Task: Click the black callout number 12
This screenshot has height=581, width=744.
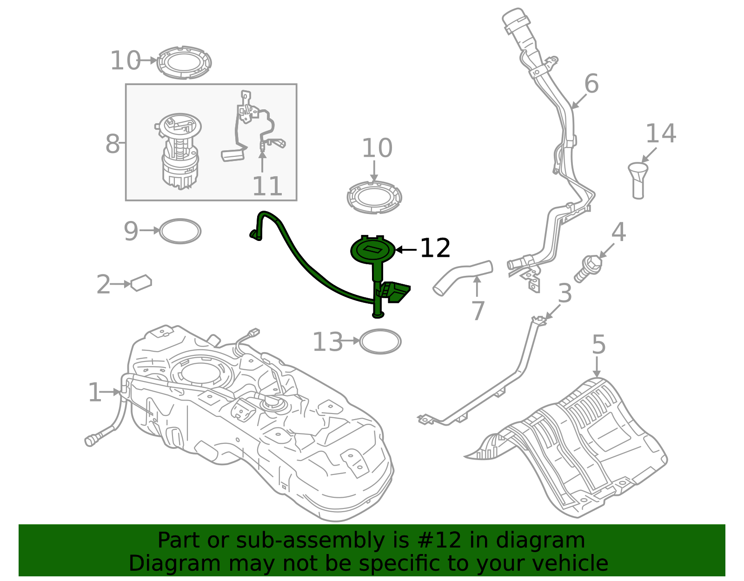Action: (435, 248)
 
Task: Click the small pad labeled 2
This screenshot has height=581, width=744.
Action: (141, 283)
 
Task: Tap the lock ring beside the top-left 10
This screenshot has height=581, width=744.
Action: (184, 62)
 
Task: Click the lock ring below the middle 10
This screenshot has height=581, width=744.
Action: (374, 198)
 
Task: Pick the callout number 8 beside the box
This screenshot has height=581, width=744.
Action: (113, 144)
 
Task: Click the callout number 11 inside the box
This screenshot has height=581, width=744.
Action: (267, 187)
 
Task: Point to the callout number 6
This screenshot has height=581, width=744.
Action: (591, 84)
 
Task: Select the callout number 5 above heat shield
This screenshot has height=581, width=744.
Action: (598, 345)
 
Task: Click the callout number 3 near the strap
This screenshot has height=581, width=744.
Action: (565, 294)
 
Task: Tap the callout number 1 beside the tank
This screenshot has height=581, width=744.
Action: (94, 393)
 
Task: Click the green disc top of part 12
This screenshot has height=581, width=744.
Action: (373, 250)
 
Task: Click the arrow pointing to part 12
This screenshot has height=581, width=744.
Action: (406, 250)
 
